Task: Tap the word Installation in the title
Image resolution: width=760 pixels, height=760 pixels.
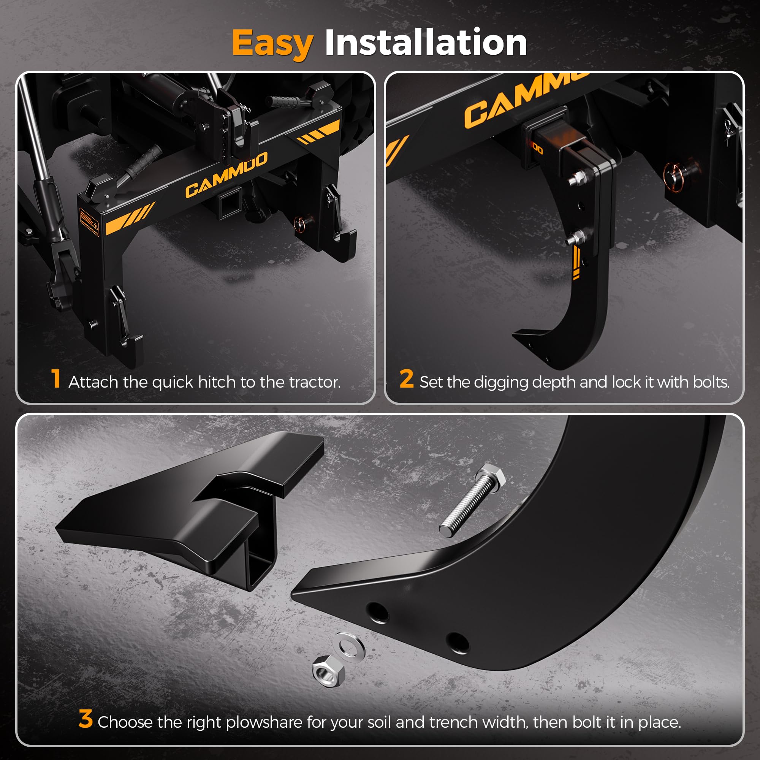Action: click(x=426, y=42)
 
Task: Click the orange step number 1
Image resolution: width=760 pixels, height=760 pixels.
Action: click(x=56, y=378)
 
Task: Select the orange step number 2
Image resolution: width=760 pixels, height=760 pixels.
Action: click(x=406, y=378)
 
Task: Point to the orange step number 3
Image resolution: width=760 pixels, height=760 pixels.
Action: click(x=85, y=719)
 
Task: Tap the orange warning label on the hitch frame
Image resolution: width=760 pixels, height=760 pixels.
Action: click(x=89, y=222)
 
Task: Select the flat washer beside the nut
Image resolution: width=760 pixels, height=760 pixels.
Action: click(x=349, y=648)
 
